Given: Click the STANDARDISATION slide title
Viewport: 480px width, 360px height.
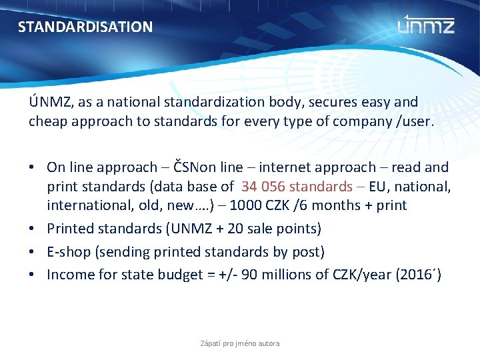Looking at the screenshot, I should [85, 27].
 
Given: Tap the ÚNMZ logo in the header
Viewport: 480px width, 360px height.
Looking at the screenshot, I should [426, 25].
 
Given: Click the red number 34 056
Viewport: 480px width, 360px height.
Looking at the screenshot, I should [266, 186].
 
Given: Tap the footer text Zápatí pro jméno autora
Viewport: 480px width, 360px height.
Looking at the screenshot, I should [240, 343].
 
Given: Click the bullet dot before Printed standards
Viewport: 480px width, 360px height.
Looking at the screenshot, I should [33, 229].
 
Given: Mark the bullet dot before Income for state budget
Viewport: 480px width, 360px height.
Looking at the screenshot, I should [33, 274].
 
